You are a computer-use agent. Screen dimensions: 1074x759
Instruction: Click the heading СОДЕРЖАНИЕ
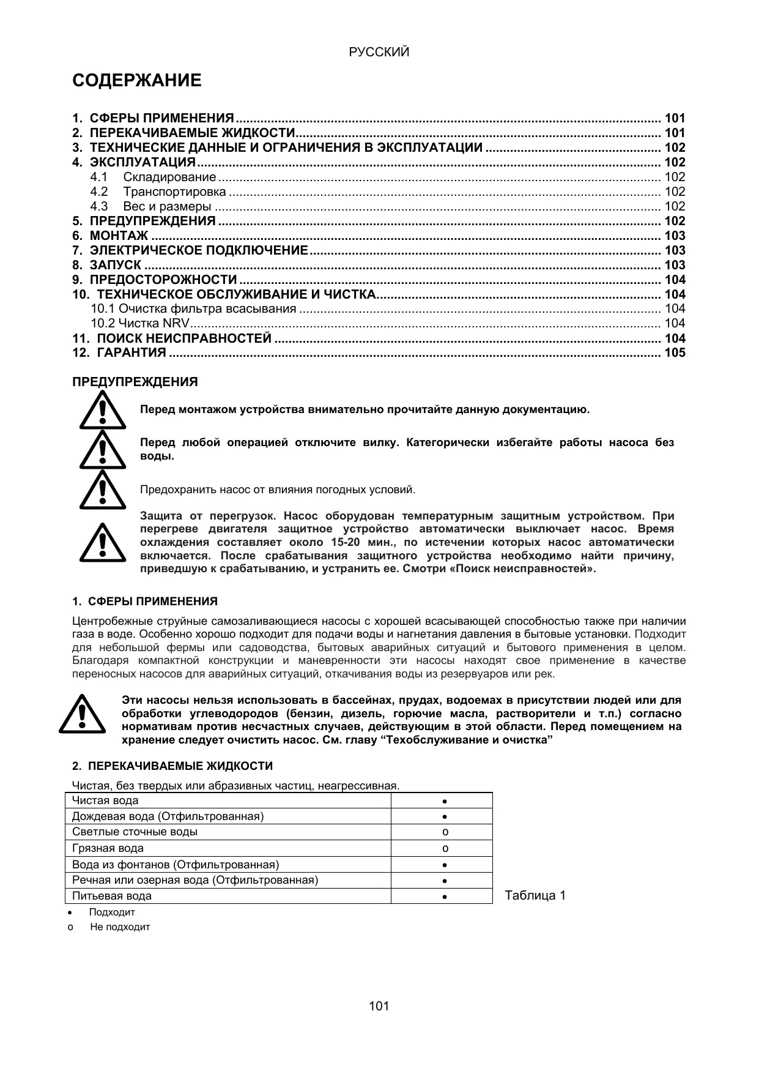point(136,81)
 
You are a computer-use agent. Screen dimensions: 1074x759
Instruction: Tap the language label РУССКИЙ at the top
point(379,53)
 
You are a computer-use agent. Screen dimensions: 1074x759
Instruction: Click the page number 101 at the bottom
point(379,1005)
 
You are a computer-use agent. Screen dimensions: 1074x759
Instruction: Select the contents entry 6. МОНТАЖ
point(119,236)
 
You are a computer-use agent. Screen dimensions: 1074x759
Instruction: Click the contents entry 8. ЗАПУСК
point(116,265)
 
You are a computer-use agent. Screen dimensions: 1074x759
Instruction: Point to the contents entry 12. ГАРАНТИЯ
point(128,352)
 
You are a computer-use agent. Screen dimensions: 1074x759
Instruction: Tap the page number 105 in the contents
point(675,352)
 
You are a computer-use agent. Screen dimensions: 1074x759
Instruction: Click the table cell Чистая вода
point(105,800)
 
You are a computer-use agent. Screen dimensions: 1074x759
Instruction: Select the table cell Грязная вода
point(108,848)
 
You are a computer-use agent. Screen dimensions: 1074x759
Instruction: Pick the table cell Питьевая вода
point(112,896)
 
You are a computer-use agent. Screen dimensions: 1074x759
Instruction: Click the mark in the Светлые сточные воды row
point(445,832)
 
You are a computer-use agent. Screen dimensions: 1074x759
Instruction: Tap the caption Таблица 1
point(535,896)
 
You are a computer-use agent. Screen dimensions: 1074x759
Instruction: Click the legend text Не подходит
point(120,927)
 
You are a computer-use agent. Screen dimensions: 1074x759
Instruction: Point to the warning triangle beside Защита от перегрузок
point(102,542)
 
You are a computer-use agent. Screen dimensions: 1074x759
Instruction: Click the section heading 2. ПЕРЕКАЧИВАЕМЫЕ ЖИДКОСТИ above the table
point(172,766)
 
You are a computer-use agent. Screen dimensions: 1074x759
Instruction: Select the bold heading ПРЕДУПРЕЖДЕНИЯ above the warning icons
point(135,382)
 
